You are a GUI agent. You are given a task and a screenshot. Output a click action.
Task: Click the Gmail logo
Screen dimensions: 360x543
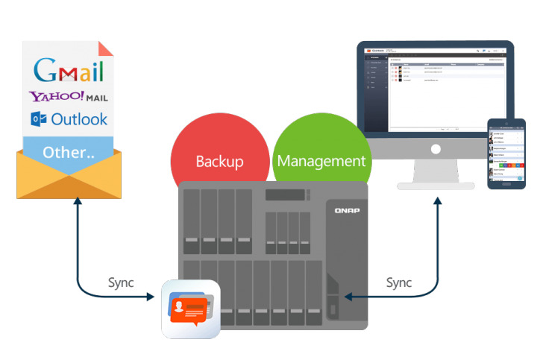[x=69, y=70]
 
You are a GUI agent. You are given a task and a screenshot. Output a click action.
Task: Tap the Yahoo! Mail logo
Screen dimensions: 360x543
[x=69, y=96]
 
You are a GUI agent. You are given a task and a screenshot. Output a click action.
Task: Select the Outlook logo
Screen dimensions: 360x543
[x=69, y=119]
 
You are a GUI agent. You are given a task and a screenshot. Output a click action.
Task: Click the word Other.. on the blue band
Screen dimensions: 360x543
[x=69, y=151]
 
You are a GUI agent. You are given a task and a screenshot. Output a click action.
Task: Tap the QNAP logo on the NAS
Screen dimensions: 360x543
[x=344, y=210]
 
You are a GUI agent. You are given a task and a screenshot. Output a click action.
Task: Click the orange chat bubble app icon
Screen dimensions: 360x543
[x=191, y=309]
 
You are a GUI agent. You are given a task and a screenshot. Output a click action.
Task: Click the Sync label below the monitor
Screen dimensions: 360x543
[x=399, y=283]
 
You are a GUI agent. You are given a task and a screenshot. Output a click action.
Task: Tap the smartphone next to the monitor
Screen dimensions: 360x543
[x=506, y=154]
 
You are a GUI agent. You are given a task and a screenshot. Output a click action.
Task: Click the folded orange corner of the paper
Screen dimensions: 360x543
[x=107, y=48]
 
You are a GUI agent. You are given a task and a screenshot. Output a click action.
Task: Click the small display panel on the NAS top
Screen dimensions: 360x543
[x=284, y=195]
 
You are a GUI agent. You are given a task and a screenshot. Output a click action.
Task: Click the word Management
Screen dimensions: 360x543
[x=321, y=160]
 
